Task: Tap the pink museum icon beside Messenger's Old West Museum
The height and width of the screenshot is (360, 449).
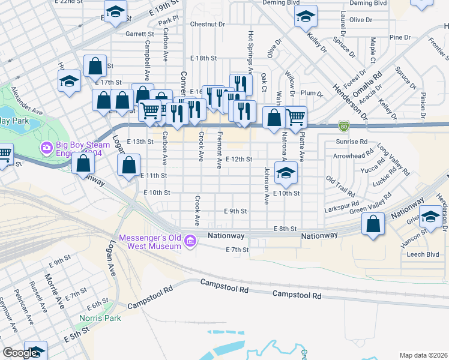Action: tap(191, 241)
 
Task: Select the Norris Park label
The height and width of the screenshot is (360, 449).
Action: tap(100, 318)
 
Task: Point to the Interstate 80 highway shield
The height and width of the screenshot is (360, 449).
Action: tap(343, 126)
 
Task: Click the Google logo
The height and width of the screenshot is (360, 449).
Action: tap(21, 353)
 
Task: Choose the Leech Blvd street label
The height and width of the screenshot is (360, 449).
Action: tap(423, 254)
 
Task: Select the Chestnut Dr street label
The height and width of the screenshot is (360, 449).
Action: tap(207, 25)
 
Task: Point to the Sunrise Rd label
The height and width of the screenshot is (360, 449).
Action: tap(351, 142)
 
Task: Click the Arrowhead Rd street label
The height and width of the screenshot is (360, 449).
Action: tap(349, 155)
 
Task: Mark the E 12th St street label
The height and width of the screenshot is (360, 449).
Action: tap(238, 159)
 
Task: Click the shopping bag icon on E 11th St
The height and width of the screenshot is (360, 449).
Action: tap(129, 166)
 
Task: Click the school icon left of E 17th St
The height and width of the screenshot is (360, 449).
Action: tap(69, 81)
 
